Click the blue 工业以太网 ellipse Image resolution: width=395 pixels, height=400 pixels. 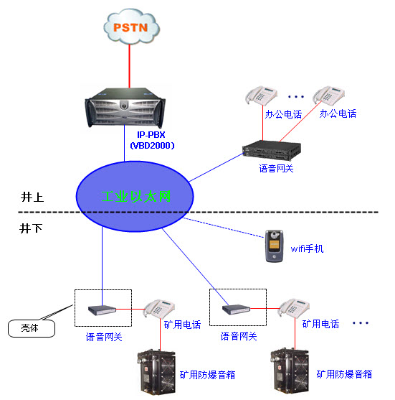click(137, 196)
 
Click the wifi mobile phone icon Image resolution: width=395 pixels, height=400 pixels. click(274, 246)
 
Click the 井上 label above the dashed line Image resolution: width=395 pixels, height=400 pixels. click(32, 197)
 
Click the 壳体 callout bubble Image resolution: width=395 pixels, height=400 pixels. click(29, 328)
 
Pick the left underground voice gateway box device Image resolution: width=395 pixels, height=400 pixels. click(102, 310)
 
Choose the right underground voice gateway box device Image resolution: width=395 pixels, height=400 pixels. click(235, 310)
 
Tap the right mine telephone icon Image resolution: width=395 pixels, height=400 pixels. click(294, 308)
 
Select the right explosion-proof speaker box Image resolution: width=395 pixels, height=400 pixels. click(292, 371)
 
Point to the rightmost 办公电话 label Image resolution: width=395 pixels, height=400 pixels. click(338, 113)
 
